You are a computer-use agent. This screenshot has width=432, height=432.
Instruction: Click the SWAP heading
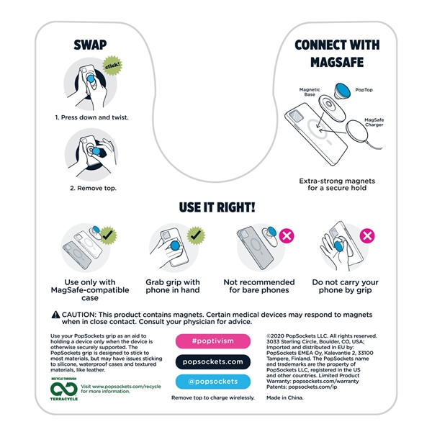click(x=90, y=45)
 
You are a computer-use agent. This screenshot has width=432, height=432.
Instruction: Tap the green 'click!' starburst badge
click(x=112, y=66)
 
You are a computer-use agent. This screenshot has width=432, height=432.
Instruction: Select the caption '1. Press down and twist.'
click(x=91, y=117)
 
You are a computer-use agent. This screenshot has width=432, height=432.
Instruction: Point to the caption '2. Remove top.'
click(x=93, y=188)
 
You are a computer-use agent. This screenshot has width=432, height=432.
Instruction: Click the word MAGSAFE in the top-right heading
click(x=337, y=62)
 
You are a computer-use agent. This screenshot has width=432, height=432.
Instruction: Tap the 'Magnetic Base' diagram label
click(x=310, y=92)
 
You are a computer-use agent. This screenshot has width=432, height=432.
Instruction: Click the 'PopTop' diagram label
click(x=364, y=90)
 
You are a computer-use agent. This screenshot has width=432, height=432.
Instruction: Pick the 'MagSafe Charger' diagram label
click(x=374, y=122)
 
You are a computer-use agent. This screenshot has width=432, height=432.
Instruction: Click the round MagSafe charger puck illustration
click(x=357, y=132)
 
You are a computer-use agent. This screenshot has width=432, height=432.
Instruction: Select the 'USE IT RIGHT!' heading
click(x=217, y=207)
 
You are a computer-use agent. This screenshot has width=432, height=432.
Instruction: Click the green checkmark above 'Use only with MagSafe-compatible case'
click(x=108, y=235)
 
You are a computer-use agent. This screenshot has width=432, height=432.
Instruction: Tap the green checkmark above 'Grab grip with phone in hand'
click(x=196, y=235)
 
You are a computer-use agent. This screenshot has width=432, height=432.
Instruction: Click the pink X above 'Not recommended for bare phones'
click(x=287, y=236)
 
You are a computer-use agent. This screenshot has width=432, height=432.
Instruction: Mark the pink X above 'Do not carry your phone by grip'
click(x=367, y=236)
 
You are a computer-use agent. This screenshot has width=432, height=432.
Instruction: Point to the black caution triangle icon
click(x=55, y=315)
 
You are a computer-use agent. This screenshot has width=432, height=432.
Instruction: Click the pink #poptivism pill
click(x=213, y=341)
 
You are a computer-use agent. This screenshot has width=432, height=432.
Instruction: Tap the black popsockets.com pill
click(x=213, y=361)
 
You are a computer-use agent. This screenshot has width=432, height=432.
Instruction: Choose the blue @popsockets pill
click(x=213, y=382)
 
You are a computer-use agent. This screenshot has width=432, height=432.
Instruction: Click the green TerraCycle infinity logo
click(x=64, y=390)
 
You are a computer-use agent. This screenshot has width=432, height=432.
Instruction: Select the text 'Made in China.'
click(x=285, y=397)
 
